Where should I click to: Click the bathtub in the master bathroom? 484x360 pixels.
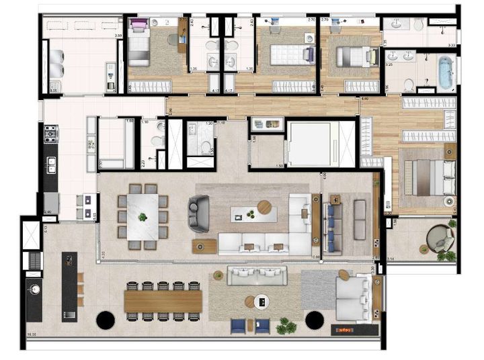pos(445,73)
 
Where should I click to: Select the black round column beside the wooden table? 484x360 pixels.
pos(105,320)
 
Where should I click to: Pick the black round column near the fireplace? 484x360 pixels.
pos(314,320)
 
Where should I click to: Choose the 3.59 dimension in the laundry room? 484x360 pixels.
pos(118,36)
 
